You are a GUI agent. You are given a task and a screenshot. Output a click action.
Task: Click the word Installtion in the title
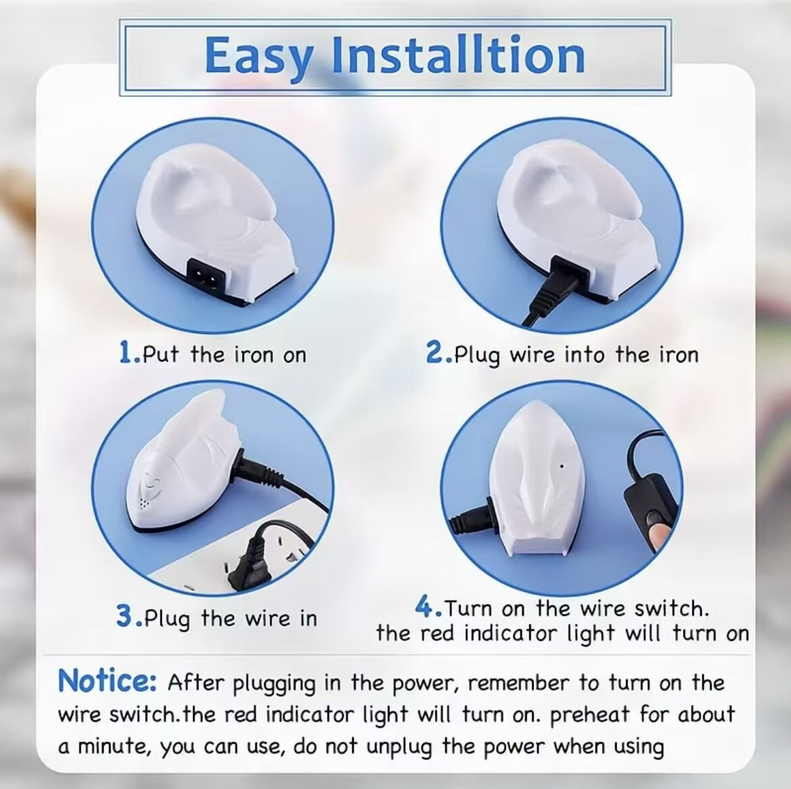click(458, 55)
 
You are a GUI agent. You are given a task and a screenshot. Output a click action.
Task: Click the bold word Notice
click(107, 681)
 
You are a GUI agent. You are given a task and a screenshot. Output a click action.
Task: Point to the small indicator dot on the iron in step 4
click(562, 466)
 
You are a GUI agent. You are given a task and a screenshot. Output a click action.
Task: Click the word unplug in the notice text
click(400, 747)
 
